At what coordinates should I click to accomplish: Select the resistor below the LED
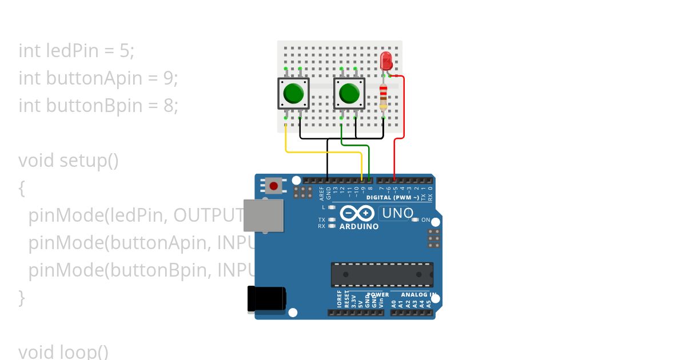[x=383, y=97]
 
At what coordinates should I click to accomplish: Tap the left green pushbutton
[x=293, y=93]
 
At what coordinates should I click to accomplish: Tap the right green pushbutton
[x=349, y=93]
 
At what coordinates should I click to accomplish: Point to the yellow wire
[x=323, y=153]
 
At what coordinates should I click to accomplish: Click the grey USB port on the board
[x=264, y=215]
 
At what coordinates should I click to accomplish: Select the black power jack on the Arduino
[x=266, y=299]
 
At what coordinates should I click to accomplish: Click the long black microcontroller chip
[x=382, y=274]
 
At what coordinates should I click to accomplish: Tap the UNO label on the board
[x=397, y=214]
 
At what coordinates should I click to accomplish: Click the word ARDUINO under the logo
[x=359, y=227]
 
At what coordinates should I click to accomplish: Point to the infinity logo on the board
[x=358, y=214]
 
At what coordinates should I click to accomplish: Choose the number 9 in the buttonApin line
[x=168, y=78]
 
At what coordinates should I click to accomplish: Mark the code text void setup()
[x=69, y=161]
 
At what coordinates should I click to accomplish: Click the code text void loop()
[x=63, y=351]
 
